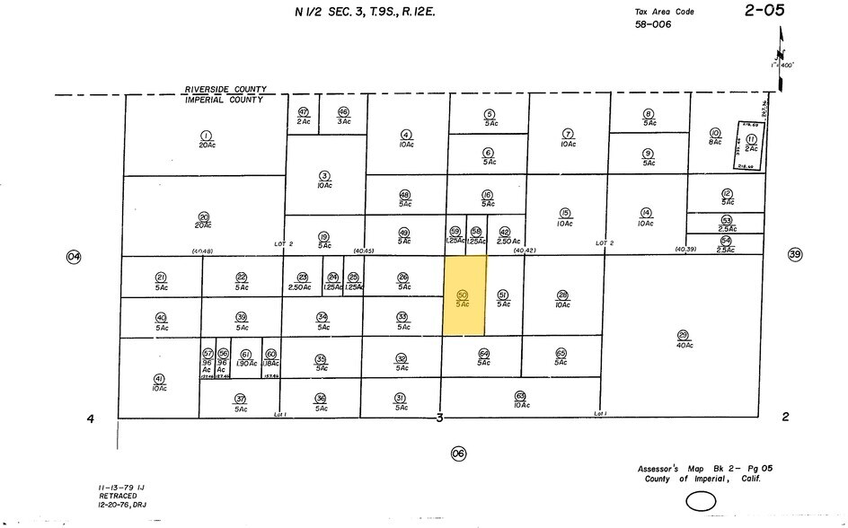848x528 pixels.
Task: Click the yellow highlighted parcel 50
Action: tap(464, 296)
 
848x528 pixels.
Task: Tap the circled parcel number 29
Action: tap(683, 334)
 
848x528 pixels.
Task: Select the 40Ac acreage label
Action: tap(683, 344)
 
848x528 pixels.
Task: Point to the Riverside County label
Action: tap(225, 90)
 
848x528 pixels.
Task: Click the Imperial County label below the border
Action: tap(224, 100)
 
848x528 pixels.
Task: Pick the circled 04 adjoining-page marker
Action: tap(74, 257)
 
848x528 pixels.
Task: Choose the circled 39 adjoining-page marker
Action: tap(794, 254)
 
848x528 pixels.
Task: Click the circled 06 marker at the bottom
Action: tap(459, 453)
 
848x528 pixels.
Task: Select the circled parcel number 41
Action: tap(159, 379)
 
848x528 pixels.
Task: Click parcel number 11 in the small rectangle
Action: tap(750, 138)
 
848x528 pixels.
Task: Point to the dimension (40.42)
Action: tap(524, 251)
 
